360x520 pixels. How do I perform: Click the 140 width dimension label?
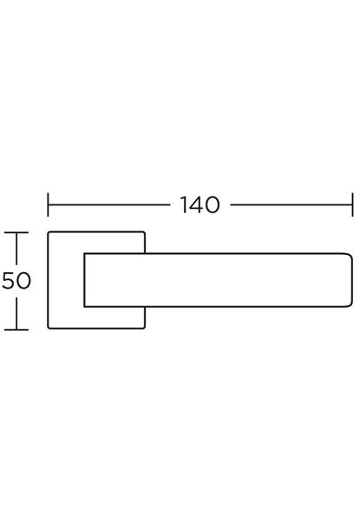[200, 205]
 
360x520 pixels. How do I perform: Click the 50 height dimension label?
[16, 281]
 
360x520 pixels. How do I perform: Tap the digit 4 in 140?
[198, 205]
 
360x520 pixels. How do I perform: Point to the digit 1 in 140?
[184, 205]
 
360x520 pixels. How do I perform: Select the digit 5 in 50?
[9, 281]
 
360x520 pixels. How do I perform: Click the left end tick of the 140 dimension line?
[48, 205]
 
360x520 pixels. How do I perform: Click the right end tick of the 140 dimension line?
[352, 205]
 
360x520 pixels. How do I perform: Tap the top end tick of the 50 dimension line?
[16, 233]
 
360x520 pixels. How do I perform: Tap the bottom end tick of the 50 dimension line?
[16, 329]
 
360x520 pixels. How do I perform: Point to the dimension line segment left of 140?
[108, 205]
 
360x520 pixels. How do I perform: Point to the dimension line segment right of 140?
[291, 205]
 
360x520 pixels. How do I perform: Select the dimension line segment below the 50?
[16, 314]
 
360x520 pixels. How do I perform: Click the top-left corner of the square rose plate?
[49, 232]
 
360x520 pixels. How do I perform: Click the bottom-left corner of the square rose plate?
[49, 328]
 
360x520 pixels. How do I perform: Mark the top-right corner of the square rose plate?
[144, 232]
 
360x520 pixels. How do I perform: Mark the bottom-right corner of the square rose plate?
[144, 328]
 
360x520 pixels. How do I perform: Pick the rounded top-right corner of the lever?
[350, 256]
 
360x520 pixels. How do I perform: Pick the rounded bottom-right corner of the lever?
[350, 305]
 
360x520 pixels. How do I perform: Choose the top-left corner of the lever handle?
[85, 254]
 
